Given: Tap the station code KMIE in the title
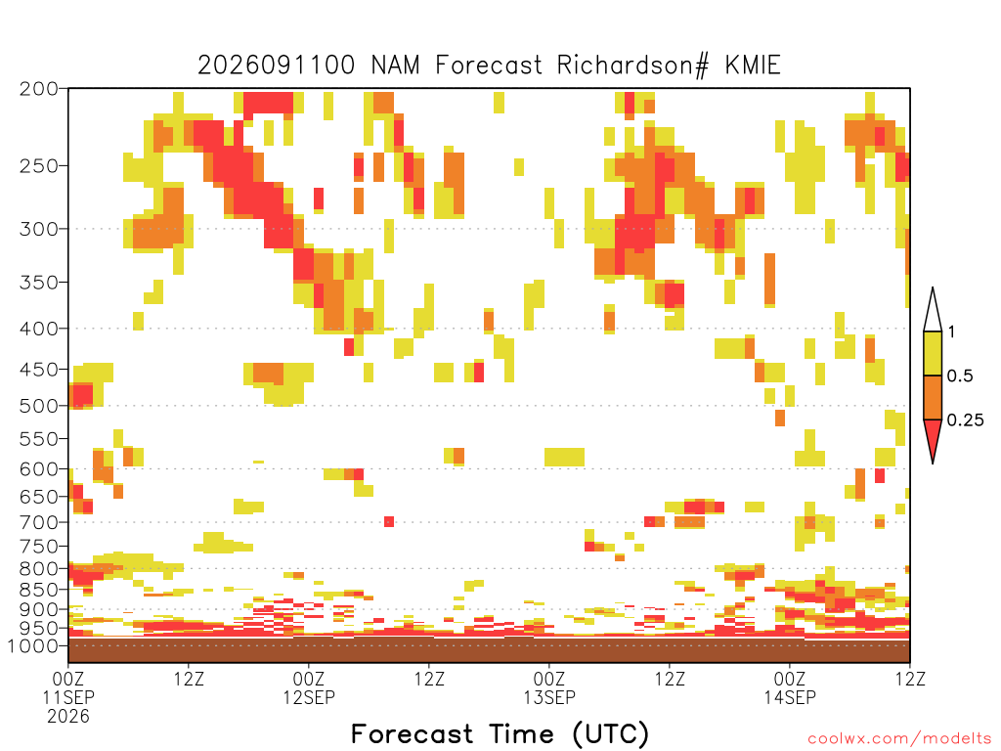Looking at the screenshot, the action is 753,66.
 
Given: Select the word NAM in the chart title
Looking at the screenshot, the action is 395,66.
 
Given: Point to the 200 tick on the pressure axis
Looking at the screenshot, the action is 39,89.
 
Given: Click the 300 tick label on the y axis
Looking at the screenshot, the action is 39,229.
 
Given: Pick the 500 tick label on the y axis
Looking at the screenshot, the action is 39,406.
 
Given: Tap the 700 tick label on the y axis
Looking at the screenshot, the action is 39,522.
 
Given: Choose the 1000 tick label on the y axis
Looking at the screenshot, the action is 33,645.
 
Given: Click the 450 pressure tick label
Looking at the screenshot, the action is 39,370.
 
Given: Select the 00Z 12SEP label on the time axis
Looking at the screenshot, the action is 309,687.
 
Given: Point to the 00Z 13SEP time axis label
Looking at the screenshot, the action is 549,687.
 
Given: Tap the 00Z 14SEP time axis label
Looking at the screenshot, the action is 790,687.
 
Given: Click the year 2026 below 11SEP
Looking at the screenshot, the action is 68,716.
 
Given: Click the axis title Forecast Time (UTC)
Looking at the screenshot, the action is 500,733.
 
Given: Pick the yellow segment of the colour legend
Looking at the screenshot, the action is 933,353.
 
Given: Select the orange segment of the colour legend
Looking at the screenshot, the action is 933,397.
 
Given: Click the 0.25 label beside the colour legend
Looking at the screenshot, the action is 965,420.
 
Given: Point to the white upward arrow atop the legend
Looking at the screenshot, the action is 933,310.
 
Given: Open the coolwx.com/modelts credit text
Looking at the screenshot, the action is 899,739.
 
